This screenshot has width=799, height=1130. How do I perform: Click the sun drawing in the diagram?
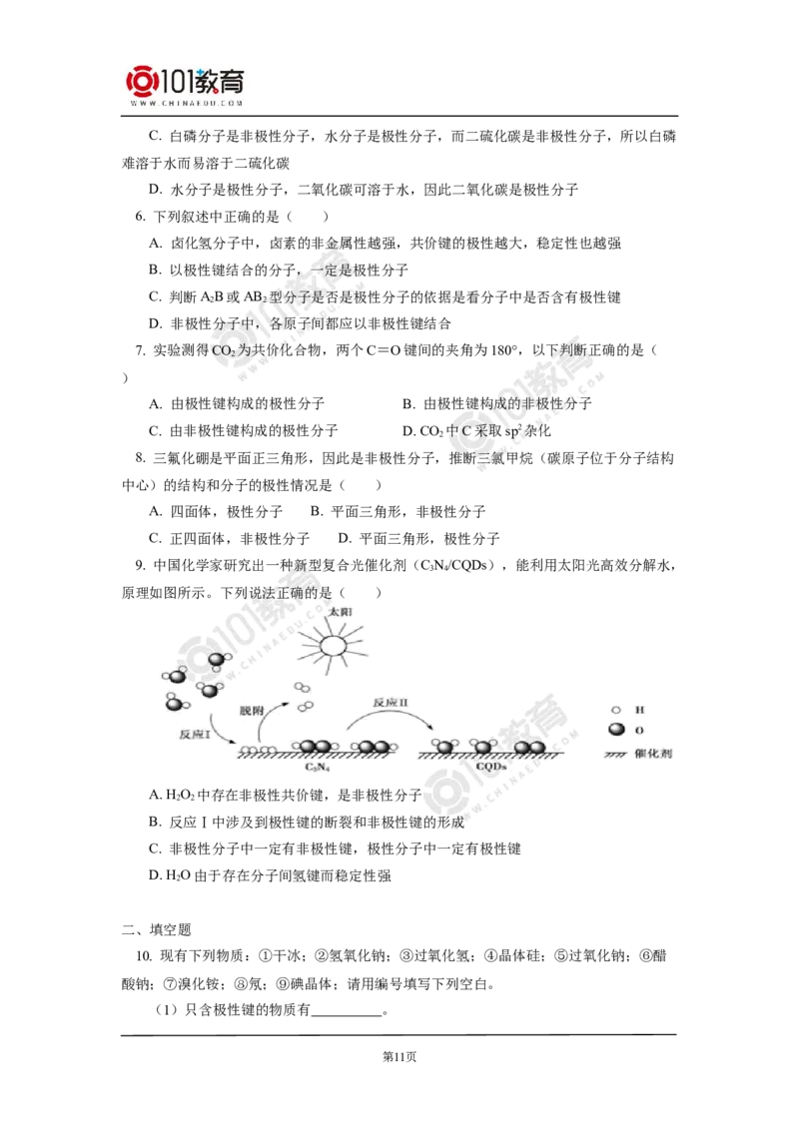pyautogui.click(x=334, y=644)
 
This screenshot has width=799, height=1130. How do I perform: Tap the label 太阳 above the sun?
pyautogui.click(x=340, y=612)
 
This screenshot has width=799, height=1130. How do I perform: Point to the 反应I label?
pyautogui.click(x=194, y=734)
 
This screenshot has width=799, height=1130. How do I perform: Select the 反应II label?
pyautogui.click(x=391, y=702)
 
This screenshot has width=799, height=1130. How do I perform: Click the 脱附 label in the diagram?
pyautogui.click(x=251, y=711)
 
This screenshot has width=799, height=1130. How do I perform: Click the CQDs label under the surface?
pyautogui.click(x=491, y=766)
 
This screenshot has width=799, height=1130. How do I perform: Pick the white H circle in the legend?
pyautogui.click(x=616, y=710)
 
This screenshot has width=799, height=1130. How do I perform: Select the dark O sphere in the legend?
pyautogui.click(x=616, y=730)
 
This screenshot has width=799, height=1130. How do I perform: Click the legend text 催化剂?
pyautogui.click(x=653, y=753)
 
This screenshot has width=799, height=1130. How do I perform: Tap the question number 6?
pyautogui.click(x=140, y=217)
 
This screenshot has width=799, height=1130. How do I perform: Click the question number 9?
pyautogui.click(x=140, y=566)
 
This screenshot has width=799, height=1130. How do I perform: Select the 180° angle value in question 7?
pyautogui.click(x=504, y=351)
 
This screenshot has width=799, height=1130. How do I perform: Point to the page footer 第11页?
pyautogui.click(x=399, y=1057)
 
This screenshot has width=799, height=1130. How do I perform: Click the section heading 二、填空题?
pyautogui.click(x=157, y=929)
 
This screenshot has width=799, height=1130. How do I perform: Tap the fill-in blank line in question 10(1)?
pyautogui.click(x=347, y=1015)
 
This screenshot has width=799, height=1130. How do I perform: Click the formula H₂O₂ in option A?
pyautogui.click(x=179, y=796)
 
